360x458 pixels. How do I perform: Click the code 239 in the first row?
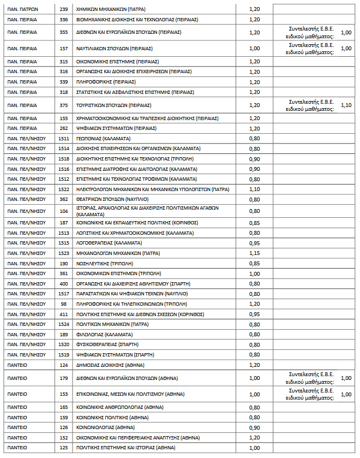(x=64, y=10)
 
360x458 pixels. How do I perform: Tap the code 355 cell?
(x=64, y=32)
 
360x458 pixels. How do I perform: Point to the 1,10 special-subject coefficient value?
(x=346, y=105)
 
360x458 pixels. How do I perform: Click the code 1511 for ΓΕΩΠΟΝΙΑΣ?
(x=64, y=139)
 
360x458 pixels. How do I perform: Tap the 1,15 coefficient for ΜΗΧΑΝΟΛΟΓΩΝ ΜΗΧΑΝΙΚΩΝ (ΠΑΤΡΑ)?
(x=254, y=253)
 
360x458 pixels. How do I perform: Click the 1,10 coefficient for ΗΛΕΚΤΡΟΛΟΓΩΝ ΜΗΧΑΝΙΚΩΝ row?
(x=254, y=189)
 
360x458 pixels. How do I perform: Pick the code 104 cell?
(x=64, y=211)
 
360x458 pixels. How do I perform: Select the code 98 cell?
(x=64, y=304)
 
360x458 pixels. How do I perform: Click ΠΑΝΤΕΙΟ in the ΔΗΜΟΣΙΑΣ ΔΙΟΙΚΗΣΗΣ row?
(x=17, y=365)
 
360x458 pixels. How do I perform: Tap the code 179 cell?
(x=64, y=378)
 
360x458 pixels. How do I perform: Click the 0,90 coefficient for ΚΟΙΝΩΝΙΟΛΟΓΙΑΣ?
(x=254, y=427)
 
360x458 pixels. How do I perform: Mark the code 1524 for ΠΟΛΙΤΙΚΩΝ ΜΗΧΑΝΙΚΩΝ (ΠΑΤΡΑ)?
(x=64, y=324)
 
